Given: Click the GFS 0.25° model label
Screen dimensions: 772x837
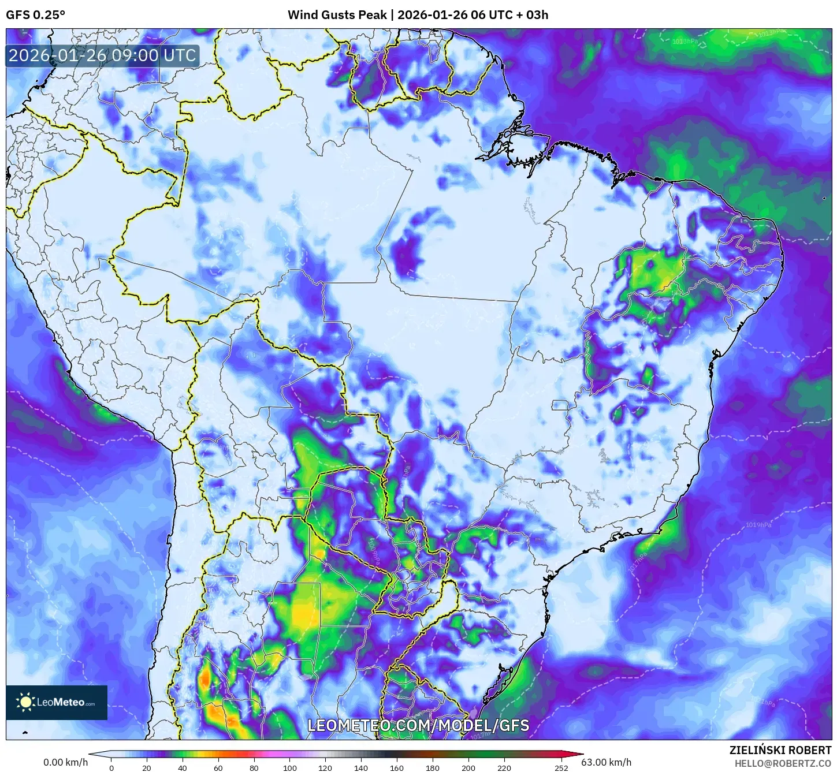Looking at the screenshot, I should (x=35, y=14).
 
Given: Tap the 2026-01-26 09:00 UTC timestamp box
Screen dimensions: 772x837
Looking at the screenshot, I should (x=102, y=56).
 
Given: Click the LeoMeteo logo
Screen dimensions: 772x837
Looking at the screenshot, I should (x=57, y=702).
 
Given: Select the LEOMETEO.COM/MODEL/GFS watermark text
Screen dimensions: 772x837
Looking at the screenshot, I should (x=418, y=725).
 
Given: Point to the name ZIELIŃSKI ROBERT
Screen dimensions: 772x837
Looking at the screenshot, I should (x=780, y=750).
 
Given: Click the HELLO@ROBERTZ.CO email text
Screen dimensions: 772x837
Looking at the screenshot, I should (x=783, y=763).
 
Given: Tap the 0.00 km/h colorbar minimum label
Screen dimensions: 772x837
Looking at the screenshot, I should (x=66, y=762).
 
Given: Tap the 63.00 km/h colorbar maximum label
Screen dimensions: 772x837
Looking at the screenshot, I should (x=606, y=762).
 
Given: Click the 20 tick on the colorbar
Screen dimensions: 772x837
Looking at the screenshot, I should (x=147, y=768).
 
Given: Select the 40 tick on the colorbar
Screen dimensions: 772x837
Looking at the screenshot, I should (x=183, y=768).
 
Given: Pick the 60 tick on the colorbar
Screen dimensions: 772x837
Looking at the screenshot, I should (x=218, y=768).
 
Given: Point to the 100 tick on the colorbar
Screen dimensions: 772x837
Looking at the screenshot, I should (x=289, y=768).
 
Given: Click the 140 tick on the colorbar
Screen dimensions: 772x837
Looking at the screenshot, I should (x=361, y=768).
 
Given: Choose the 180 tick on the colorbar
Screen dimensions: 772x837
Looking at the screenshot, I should (x=433, y=768).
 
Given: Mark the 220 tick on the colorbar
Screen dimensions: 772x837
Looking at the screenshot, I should (x=504, y=768).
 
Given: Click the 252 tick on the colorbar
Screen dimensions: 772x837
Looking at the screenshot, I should (x=561, y=768).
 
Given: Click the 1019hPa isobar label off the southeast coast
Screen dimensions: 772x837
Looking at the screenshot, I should (x=758, y=525).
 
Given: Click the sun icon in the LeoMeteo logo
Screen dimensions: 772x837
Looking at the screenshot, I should (x=26, y=702).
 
